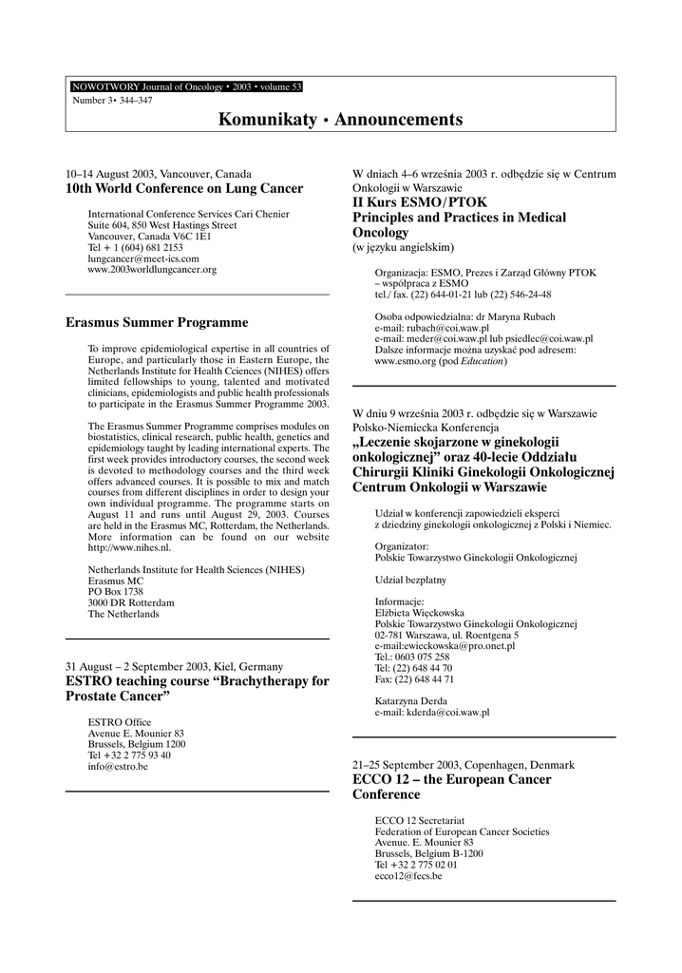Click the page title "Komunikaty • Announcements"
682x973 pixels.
pos(341,120)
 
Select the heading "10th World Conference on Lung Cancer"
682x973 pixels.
pos(183,189)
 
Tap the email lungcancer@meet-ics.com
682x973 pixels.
pos(143,258)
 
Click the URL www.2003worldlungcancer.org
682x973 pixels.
pos(152,270)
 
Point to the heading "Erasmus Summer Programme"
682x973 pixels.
pos(157,323)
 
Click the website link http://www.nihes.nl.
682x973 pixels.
pos(129,548)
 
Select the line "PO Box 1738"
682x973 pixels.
pos(115,591)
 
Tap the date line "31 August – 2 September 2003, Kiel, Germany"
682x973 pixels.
pos(174,667)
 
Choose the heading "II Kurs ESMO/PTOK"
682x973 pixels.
pos(410,202)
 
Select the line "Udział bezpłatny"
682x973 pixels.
pos(410,580)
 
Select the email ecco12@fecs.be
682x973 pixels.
pos(408,876)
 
